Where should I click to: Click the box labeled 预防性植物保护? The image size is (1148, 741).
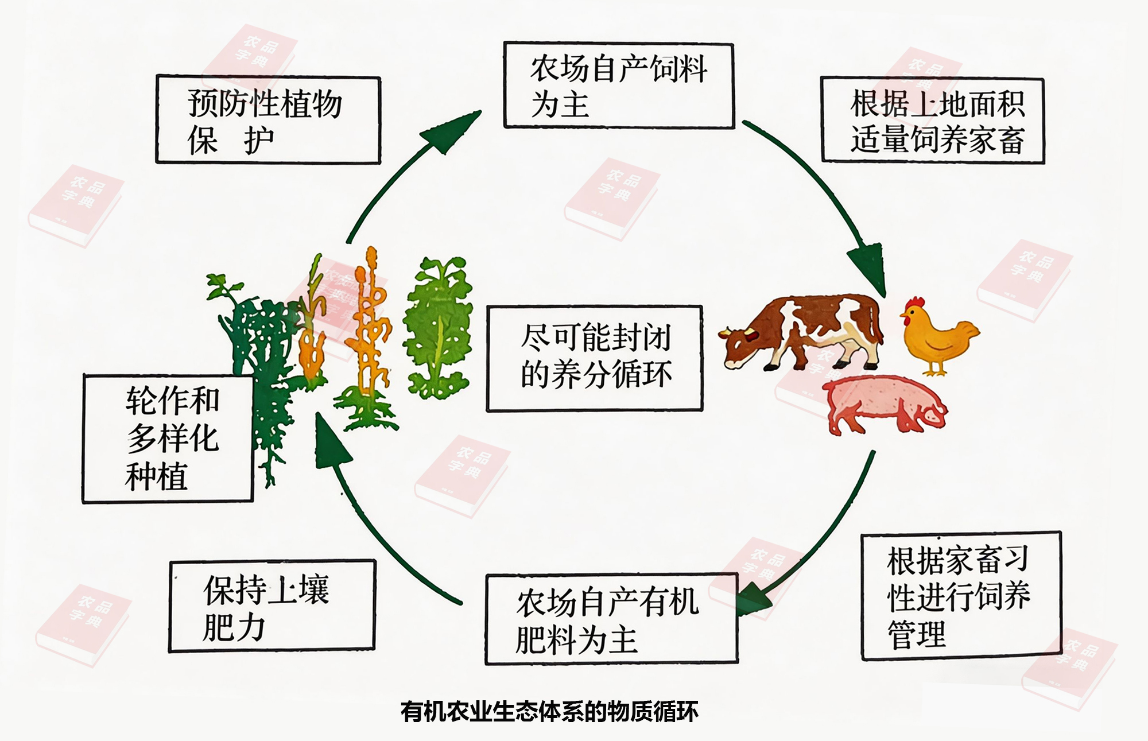tap(268, 120)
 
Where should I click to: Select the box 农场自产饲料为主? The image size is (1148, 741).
tap(618, 85)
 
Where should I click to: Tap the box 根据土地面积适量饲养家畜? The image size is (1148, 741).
tap(932, 120)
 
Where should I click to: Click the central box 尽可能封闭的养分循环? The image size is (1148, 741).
tap(595, 358)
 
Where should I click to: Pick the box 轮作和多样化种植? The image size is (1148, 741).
tap(168, 439)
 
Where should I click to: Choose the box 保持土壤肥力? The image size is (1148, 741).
tap(272, 606)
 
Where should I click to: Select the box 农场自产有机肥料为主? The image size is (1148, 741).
tap(611, 619)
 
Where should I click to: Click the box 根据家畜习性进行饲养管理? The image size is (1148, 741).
tap(961, 596)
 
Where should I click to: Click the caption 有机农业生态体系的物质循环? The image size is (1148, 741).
tap(549, 712)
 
